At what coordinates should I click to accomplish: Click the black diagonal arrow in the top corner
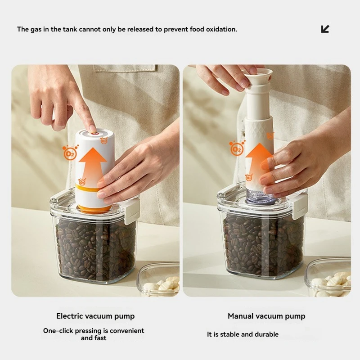[x=325, y=29]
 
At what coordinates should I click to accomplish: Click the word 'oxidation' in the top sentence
[x=221, y=29]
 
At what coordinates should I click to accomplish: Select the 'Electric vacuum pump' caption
[x=95, y=316]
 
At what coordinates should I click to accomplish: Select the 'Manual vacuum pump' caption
[x=266, y=316]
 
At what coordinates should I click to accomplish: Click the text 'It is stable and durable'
[x=243, y=334]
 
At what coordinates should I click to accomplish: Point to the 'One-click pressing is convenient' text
[x=94, y=331]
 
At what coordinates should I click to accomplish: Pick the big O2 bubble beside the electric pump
[x=70, y=153]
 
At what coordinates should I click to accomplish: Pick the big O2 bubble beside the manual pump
[x=237, y=148]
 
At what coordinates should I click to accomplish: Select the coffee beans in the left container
[x=94, y=247]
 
